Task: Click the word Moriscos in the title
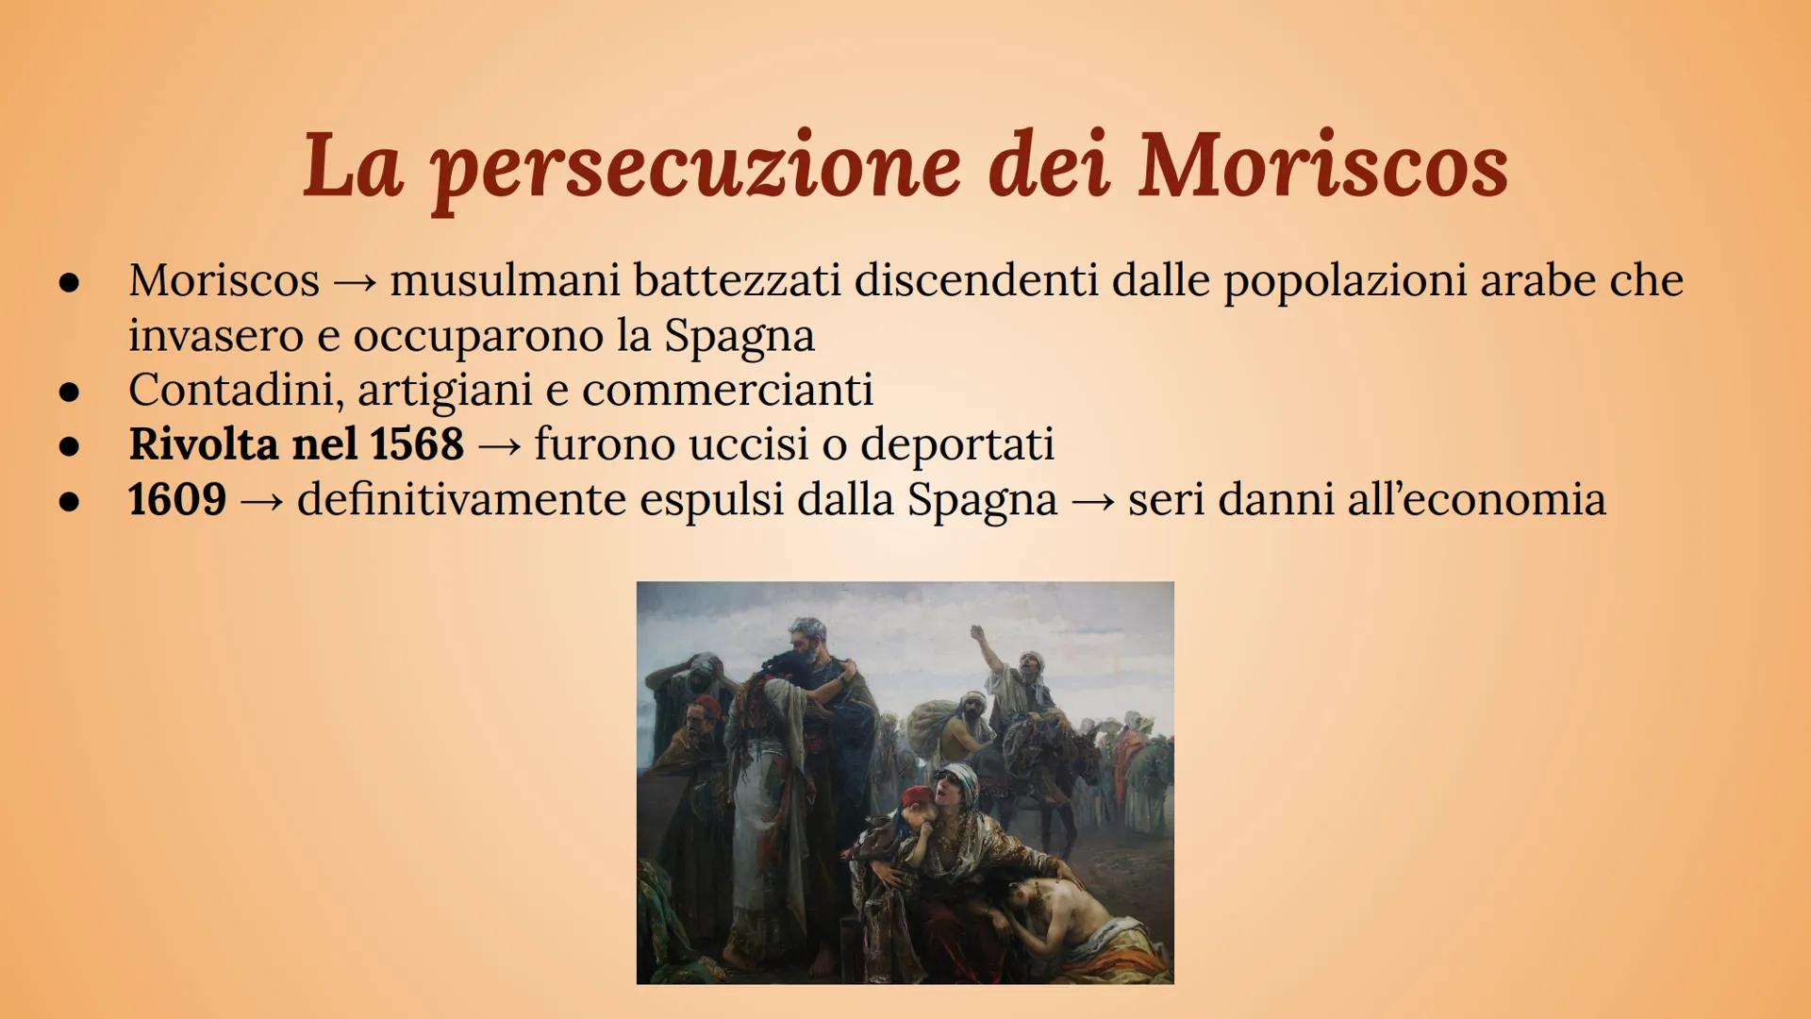click(x=1322, y=166)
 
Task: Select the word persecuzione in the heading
click(x=696, y=170)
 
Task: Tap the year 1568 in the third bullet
click(x=417, y=443)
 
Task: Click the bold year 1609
click(x=177, y=498)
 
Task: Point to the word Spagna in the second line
click(x=739, y=336)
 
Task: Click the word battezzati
click(x=737, y=279)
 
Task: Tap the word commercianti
click(x=727, y=390)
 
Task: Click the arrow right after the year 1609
click(x=261, y=501)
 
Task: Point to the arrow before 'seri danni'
click(x=1092, y=501)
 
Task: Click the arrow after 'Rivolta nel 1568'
click(x=499, y=446)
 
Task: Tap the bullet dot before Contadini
click(x=69, y=392)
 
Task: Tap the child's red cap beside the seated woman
click(x=917, y=798)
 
